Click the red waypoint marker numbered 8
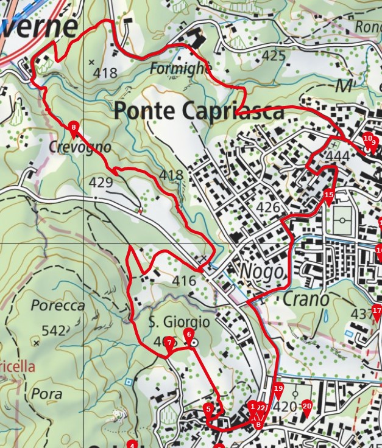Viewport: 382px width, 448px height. coord(74,128)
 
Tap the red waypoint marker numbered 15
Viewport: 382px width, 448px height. coord(329,196)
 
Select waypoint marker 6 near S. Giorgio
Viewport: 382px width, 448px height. coord(189,334)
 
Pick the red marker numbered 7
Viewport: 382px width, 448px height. coord(169,343)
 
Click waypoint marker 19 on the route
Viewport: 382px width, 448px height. coord(278,389)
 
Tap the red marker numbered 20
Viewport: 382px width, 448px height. coord(306,407)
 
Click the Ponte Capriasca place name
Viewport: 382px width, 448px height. coord(199,111)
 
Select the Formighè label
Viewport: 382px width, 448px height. coord(180,68)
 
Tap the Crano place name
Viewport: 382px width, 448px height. coord(306,299)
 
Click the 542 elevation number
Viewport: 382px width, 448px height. coord(54,331)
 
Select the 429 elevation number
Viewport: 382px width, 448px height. coord(101,182)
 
